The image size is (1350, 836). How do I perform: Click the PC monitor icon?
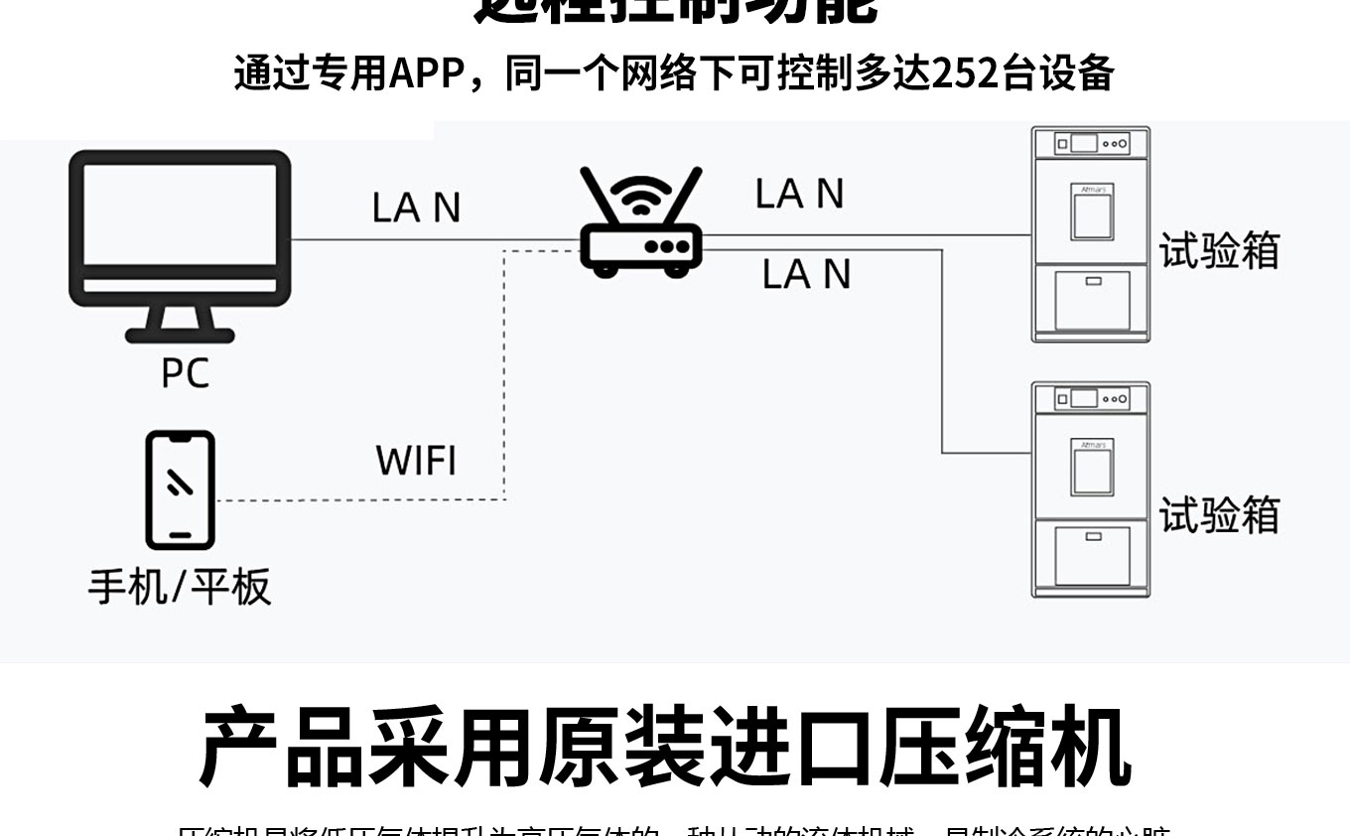(x=180, y=228)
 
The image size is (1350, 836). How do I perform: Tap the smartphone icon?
(x=180, y=489)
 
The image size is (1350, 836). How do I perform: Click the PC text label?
(x=185, y=373)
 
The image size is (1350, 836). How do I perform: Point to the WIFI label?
(x=416, y=461)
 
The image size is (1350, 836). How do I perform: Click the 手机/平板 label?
(x=180, y=586)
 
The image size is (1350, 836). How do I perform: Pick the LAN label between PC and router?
(x=416, y=208)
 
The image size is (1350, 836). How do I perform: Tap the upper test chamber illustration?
(x=1091, y=234)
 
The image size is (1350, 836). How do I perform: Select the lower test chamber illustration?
(x=1091, y=489)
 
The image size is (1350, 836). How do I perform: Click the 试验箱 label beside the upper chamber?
(x=1219, y=250)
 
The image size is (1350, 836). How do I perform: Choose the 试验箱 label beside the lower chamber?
(x=1219, y=514)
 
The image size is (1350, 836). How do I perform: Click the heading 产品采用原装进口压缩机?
(x=665, y=747)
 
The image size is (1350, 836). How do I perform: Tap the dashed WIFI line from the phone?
(x=504, y=397)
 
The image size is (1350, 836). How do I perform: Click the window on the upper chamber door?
(x=1091, y=214)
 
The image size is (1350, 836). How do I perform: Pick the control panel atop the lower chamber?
(x=1091, y=399)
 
